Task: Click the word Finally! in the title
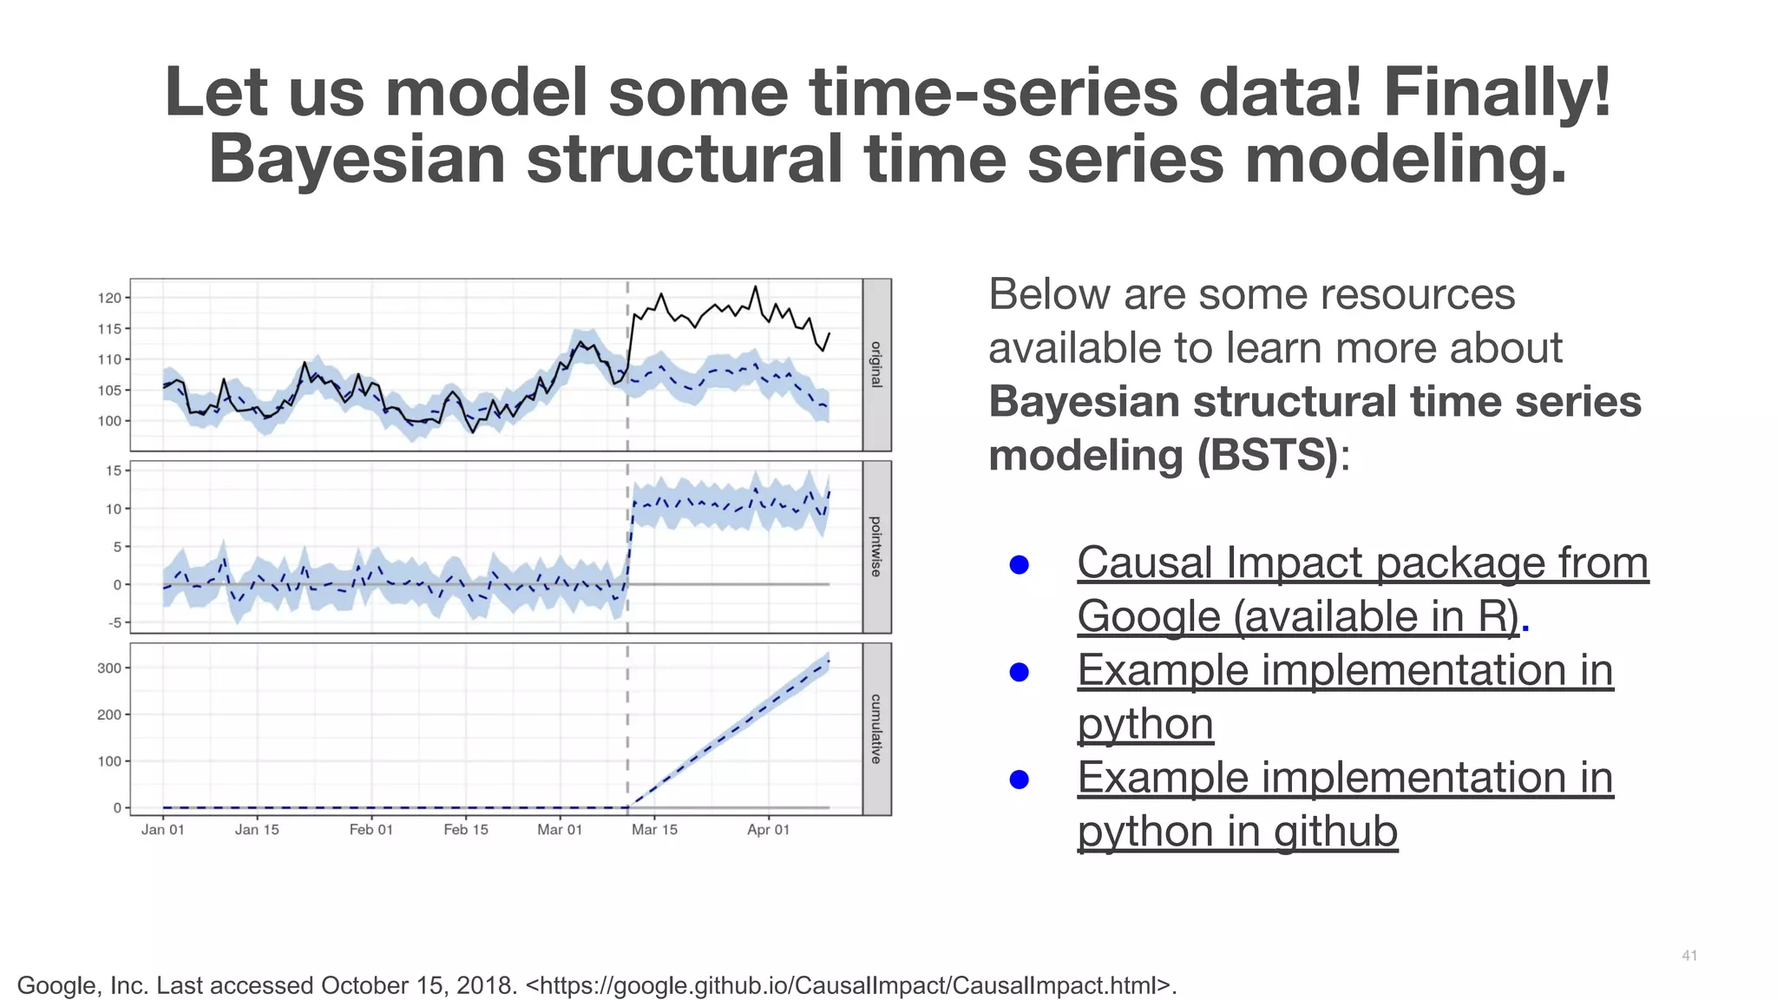click(x=1496, y=92)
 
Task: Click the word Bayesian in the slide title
click(x=357, y=160)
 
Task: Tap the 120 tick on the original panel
click(x=109, y=298)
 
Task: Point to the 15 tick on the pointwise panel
click(x=114, y=470)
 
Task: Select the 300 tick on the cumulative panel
click(x=109, y=668)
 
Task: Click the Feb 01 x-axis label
click(x=370, y=830)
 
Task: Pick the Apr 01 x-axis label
click(x=768, y=830)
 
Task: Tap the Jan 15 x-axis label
click(x=257, y=830)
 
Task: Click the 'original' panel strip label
click(x=876, y=365)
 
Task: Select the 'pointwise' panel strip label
click(x=876, y=547)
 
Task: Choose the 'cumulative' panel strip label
click(x=876, y=729)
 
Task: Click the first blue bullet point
click(x=1020, y=565)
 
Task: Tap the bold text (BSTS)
click(x=1268, y=455)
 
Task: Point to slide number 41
click(x=1688, y=956)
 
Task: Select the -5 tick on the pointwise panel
click(x=114, y=622)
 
